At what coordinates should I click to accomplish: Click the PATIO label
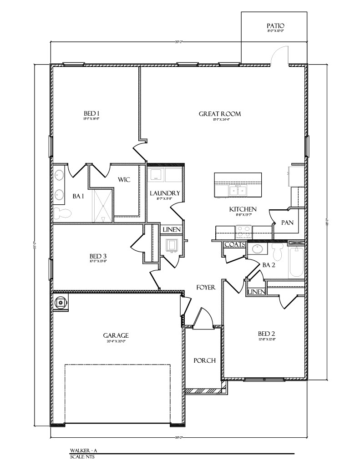[275, 26]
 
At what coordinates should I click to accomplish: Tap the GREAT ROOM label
[219, 114]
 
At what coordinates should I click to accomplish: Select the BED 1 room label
[91, 113]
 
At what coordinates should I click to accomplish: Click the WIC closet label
[124, 180]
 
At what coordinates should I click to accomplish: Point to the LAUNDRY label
[165, 193]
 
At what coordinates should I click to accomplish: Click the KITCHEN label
[243, 209]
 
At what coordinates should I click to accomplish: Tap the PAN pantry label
[287, 223]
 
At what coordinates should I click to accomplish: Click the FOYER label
[205, 287]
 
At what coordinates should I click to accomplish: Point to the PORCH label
[204, 360]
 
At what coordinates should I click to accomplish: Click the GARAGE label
[116, 335]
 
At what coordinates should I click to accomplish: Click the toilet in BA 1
[63, 213]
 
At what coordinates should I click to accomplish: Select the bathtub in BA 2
[296, 262]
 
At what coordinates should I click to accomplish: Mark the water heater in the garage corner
[60, 302]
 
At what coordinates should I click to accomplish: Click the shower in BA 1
[103, 206]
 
